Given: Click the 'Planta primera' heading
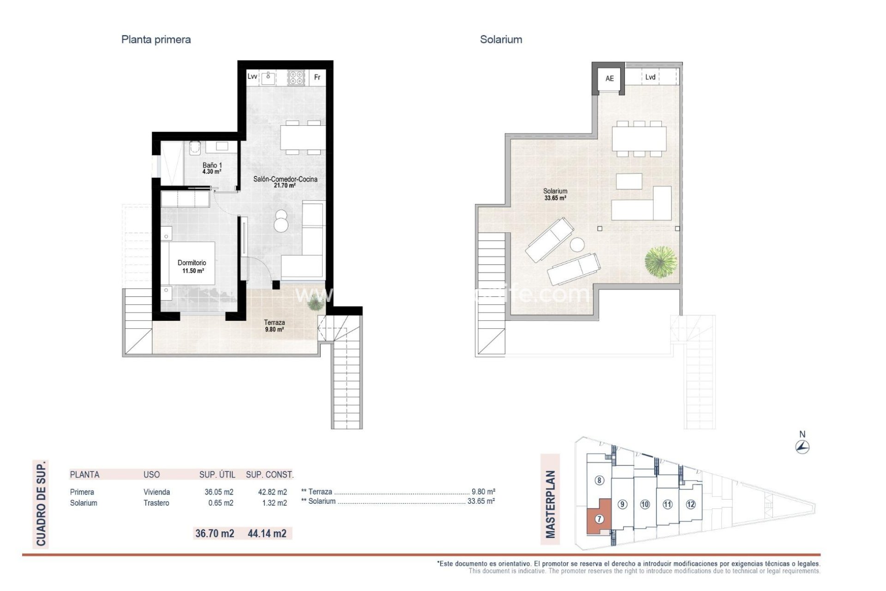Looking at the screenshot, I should (156, 40).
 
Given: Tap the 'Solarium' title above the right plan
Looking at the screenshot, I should (501, 40).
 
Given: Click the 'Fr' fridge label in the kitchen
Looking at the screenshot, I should (317, 77).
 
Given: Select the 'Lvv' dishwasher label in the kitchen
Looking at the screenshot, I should (252, 77).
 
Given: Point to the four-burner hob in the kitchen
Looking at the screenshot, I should (296, 77).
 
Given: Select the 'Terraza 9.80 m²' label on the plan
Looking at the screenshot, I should (274, 326).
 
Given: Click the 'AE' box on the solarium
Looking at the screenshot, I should (610, 78).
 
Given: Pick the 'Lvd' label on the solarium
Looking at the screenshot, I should (650, 77).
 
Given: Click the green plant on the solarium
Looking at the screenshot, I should (661, 262).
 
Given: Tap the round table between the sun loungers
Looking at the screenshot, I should (577, 244).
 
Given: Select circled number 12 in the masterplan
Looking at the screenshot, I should (690, 504).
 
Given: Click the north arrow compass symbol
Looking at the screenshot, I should (802, 446).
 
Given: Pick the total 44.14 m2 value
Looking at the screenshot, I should (267, 534).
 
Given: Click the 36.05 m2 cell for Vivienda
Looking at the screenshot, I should (219, 492).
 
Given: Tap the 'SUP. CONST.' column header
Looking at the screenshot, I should (269, 475).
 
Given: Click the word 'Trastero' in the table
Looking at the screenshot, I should (156, 503).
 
